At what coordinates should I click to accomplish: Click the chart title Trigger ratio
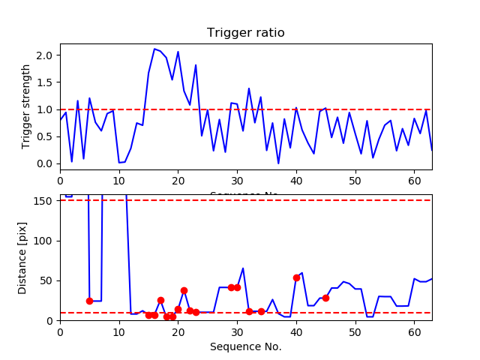point(245,33)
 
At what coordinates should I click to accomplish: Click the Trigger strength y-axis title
point(27,106)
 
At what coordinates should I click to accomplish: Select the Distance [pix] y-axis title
point(23,257)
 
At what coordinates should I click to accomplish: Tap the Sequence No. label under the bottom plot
point(245,346)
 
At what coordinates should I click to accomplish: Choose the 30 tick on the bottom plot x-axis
point(237,331)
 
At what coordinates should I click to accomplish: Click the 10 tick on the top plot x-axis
point(119,179)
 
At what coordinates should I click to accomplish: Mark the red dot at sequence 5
point(89,301)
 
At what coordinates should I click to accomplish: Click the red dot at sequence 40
point(296,277)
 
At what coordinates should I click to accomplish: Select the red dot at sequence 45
point(325,298)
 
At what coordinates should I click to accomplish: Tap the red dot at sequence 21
point(184,290)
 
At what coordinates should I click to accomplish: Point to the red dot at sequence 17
point(160,300)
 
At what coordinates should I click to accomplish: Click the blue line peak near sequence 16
point(154,49)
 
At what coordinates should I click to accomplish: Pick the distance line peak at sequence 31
point(243,268)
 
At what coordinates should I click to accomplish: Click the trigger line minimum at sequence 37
point(278,163)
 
